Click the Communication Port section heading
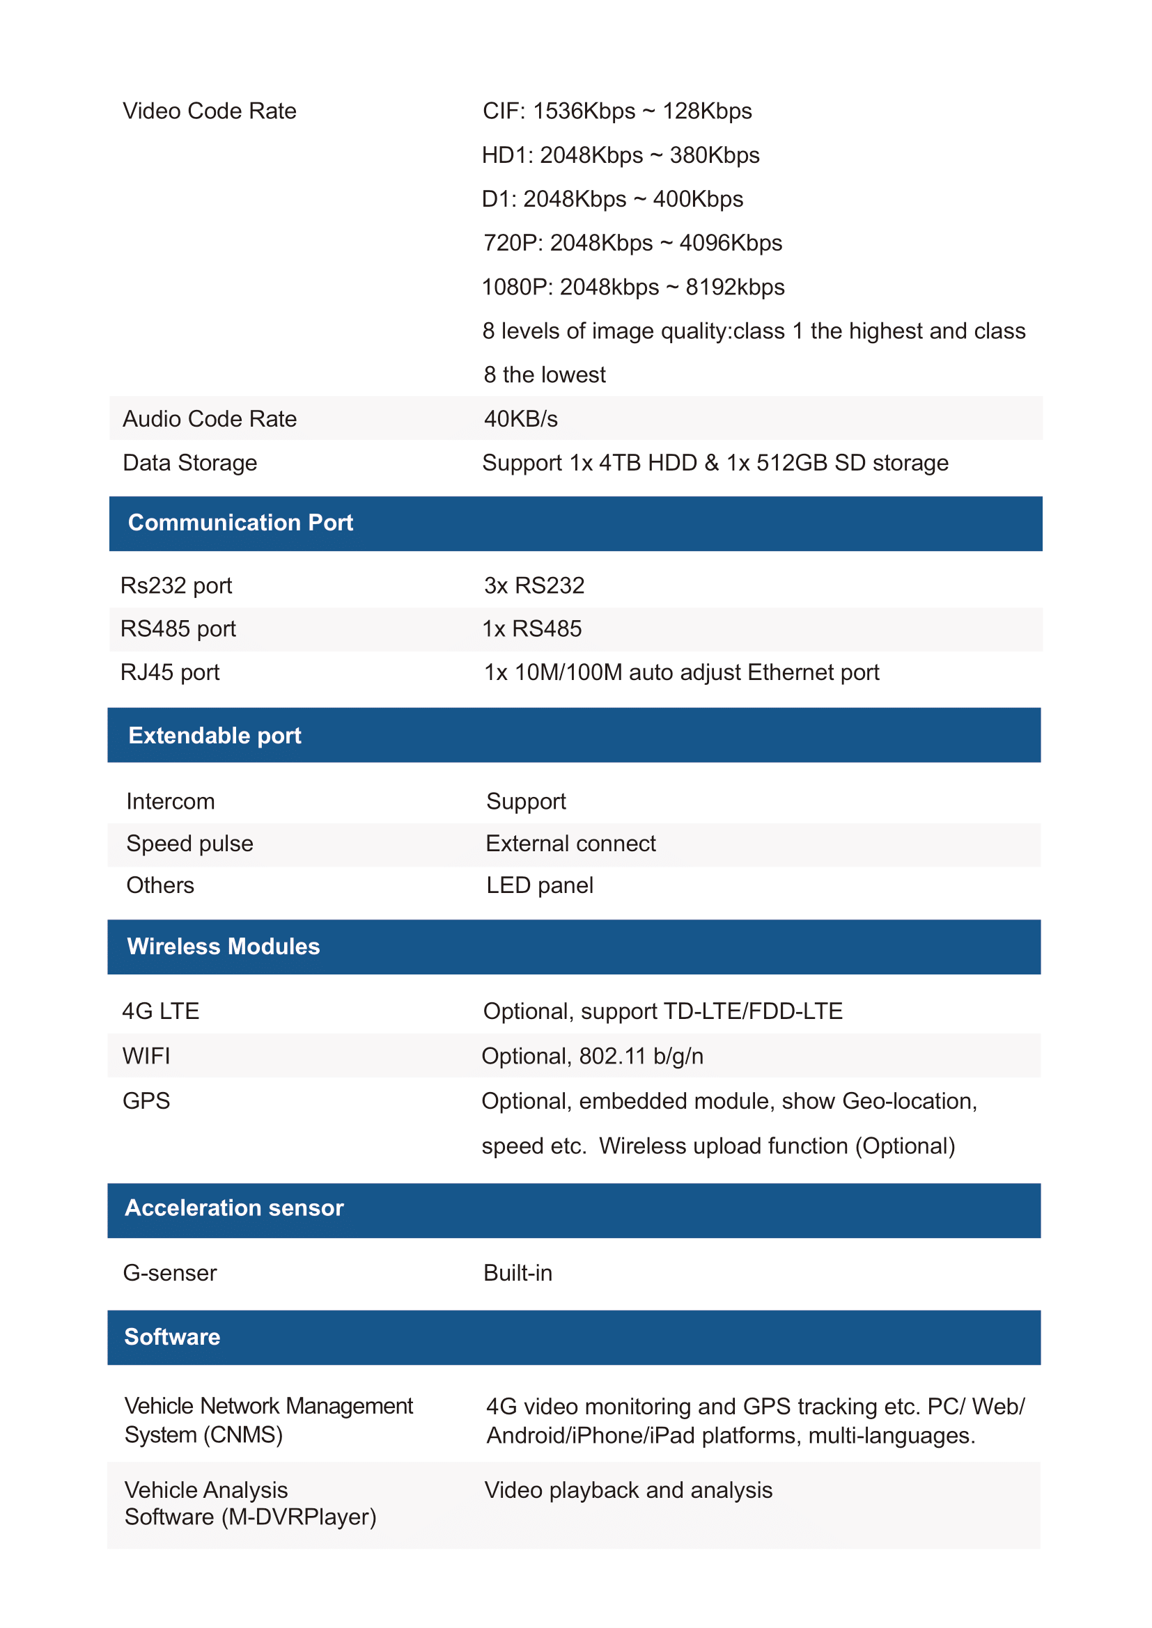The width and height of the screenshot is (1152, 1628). [x=240, y=523]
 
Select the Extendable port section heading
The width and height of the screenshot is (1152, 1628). [x=215, y=735]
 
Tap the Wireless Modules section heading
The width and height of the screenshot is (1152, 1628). [x=223, y=947]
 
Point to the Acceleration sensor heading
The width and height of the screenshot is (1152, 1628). [x=234, y=1208]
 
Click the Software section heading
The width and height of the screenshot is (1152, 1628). [x=171, y=1336]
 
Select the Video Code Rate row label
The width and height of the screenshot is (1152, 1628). [x=209, y=111]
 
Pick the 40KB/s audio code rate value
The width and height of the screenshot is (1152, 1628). [x=521, y=419]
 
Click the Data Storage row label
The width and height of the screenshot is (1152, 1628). [x=189, y=463]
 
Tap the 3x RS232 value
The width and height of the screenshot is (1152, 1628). [x=534, y=585]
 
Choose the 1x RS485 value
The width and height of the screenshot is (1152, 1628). [x=532, y=629]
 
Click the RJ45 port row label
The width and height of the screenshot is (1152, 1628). [x=170, y=672]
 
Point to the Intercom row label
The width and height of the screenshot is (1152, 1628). [x=170, y=801]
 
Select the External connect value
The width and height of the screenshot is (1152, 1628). [x=570, y=844]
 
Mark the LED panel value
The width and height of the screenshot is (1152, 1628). [x=539, y=885]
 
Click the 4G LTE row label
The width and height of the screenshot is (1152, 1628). [x=160, y=1011]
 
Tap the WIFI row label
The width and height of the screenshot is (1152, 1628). [x=146, y=1056]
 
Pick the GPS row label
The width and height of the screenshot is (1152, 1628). [x=146, y=1101]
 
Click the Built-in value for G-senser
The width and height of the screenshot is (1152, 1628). [x=517, y=1273]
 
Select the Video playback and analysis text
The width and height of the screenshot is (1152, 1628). [x=628, y=1489]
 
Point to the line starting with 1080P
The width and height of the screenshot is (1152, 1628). [x=632, y=287]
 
